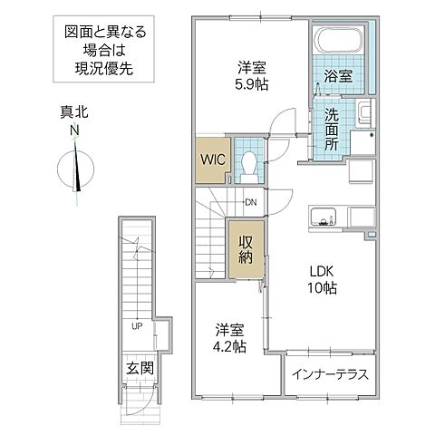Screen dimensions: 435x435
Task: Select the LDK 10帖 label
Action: [x=319, y=279]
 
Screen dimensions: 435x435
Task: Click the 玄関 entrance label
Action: [x=139, y=370]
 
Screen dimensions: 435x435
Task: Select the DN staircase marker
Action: [x=250, y=202]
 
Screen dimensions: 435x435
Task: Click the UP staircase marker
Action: [x=136, y=324]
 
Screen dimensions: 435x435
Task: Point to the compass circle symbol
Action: [x=74, y=170]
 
